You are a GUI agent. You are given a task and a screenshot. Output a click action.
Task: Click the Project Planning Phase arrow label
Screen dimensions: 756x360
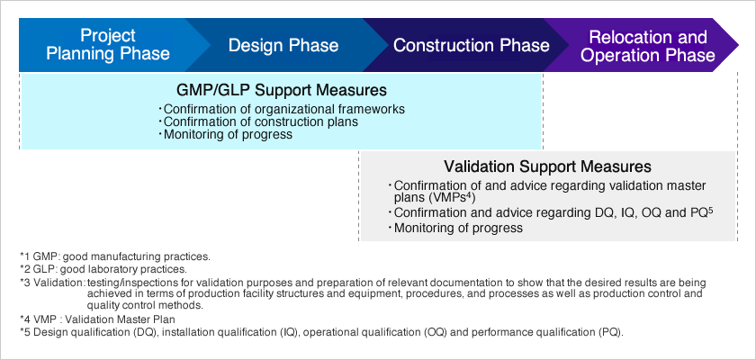click(x=107, y=44)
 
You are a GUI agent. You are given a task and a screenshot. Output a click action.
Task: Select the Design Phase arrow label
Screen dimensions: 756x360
click(x=283, y=45)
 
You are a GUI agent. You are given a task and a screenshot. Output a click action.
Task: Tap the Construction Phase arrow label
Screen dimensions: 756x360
click(x=471, y=45)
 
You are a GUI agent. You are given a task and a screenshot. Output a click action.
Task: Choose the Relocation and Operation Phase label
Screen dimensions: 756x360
click(x=648, y=46)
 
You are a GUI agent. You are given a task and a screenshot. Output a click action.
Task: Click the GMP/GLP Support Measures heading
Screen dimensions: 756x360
click(x=282, y=90)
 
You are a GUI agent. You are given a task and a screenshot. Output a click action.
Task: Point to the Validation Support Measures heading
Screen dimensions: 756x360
click(x=547, y=166)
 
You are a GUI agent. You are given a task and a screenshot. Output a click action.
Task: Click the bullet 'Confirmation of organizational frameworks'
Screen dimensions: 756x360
click(x=282, y=110)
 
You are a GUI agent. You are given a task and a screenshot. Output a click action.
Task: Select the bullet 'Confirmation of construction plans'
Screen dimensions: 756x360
click(x=259, y=121)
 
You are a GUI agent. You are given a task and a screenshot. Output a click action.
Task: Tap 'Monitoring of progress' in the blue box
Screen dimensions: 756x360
click(x=226, y=134)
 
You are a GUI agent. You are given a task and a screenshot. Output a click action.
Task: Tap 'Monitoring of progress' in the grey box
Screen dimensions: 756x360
click(x=456, y=228)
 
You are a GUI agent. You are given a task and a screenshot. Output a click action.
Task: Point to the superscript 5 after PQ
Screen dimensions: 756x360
click(x=710, y=209)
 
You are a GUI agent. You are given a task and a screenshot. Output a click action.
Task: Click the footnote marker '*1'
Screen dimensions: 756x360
click(x=24, y=256)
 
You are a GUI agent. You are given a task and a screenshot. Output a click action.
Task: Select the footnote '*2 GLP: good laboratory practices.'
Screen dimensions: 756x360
click(x=103, y=269)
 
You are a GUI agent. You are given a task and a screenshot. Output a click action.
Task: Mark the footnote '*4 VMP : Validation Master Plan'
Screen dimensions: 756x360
click(x=97, y=319)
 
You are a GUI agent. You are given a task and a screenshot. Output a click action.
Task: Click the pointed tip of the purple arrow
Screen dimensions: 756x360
click(x=738, y=45)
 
